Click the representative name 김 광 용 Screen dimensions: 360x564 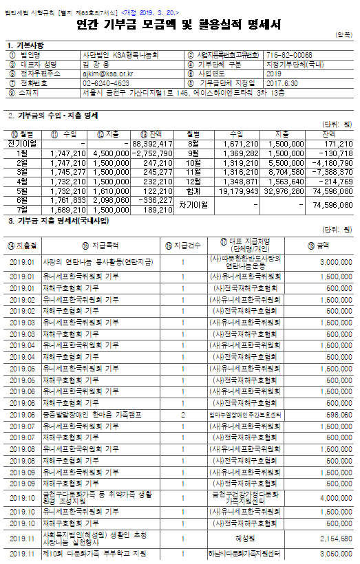coord(96,63)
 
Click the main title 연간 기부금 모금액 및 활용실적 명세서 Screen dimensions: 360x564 coord(179,25)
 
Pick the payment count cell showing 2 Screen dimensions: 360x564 coord(183,415)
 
